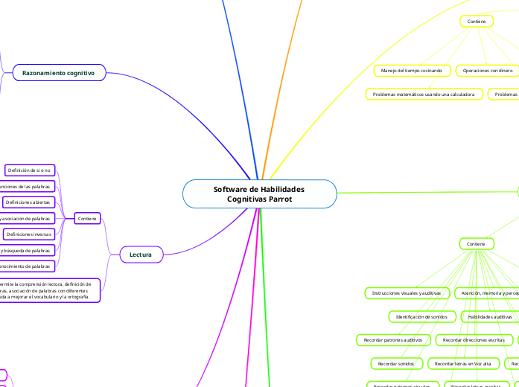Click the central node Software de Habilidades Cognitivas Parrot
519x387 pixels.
tap(259, 194)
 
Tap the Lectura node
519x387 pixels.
tap(141, 255)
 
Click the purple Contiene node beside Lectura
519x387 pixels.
tap(87, 218)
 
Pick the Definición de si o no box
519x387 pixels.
tap(29, 170)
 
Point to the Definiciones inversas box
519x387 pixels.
tap(28, 234)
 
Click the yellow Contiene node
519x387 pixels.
tap(476, 22)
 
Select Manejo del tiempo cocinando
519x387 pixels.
tap(411, 71)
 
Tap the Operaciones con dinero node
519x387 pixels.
tap(488, 71)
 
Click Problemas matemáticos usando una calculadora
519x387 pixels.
tap(423, 95)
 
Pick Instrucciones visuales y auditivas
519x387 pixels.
tap(407, 293)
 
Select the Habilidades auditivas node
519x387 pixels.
tap(490, 316)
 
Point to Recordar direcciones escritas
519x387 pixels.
tap(474, 340)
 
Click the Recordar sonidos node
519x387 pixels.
tap(395, 363)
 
